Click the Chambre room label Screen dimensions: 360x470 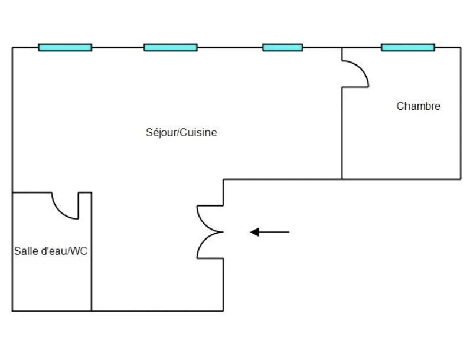click(x=418, y=106)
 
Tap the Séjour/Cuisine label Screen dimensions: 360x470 click(x=181, y=133)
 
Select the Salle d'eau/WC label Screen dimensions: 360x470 click(x=51, y=251)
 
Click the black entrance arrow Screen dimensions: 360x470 click(x=270, y=232)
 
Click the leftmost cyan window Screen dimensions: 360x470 click(x=65, y=47)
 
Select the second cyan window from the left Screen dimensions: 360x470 click(x=171, y=47)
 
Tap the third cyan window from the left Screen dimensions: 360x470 click(x=282, y=47)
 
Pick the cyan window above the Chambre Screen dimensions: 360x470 click(x=407, y=47)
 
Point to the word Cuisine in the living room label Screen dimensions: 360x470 click(x=198, y=133)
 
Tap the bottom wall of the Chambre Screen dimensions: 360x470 click(x=402, y=179)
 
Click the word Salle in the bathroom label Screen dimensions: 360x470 click(x=24, y=251)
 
